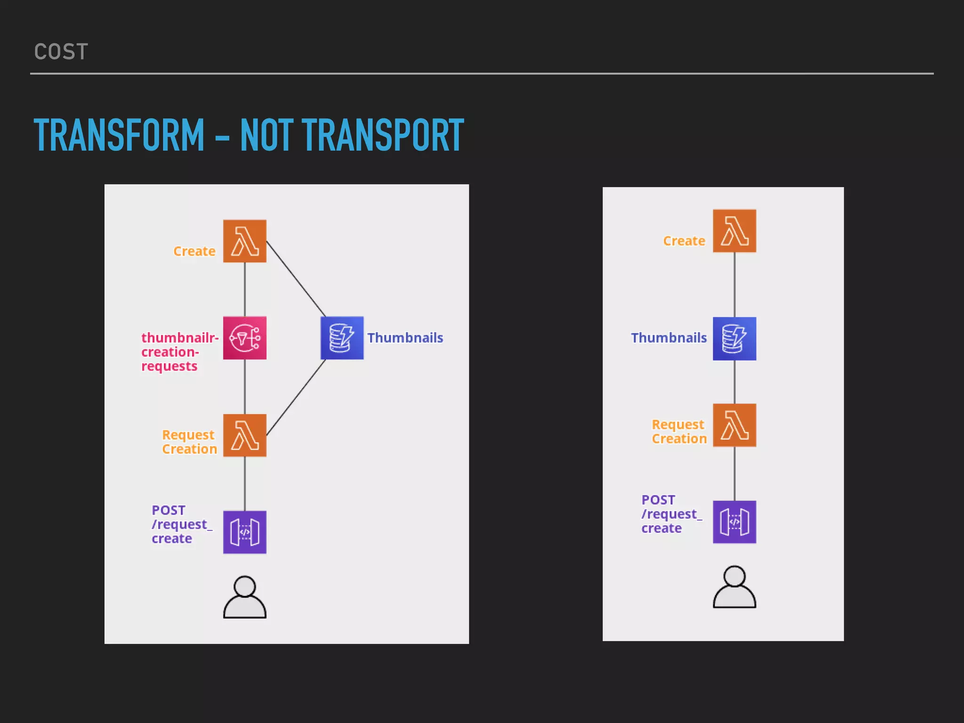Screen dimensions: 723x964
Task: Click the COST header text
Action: (x=61, y=52)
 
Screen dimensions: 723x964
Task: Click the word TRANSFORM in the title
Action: (x=119, y=136)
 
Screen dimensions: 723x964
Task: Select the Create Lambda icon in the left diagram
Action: (x=245, y=241)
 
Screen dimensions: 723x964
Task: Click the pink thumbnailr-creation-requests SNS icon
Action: (x=245, y=338)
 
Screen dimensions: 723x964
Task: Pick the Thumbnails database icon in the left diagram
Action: (x=342, y=338)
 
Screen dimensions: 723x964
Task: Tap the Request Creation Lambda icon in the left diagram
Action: (x=245, y=435)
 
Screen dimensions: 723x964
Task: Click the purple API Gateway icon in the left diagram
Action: (x=245, y=532)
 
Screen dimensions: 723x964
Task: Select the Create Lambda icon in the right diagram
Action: (x=734, y=231)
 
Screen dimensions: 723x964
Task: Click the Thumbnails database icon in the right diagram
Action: (x=734, y=339)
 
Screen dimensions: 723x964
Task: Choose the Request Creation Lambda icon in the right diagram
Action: (x=734, y=425)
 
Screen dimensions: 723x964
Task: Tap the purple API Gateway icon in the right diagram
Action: (x=734, y=522)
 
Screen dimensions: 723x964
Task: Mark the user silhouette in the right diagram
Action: (x=734, y=587)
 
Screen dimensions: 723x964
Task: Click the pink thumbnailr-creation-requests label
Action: (x=179, y=352)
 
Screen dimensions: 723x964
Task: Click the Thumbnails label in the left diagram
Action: (x=405, y=338)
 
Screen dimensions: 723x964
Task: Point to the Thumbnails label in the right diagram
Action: (x=669, y=338)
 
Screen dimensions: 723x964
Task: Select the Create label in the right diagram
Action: (x=684, y=241)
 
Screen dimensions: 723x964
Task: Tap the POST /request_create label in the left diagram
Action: (x=182, y=524)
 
